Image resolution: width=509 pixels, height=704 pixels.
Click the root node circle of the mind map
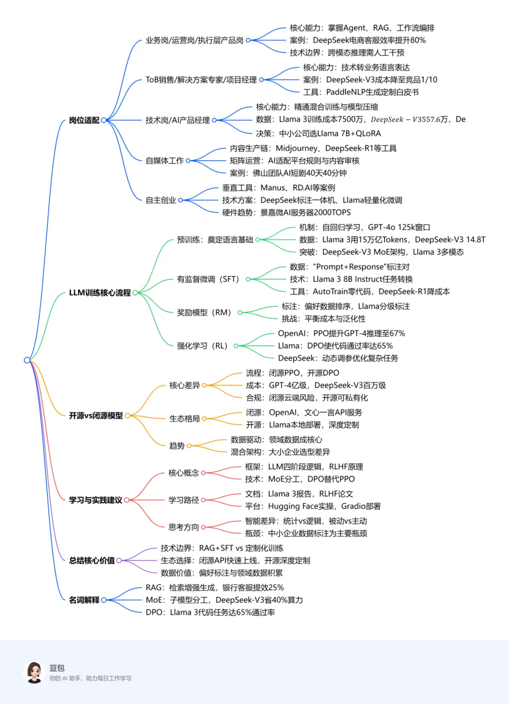(x=27, y=360)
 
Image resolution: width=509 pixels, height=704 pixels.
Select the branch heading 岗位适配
(x=84, y=120)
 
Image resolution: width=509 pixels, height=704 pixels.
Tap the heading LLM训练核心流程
(x=99, y=293)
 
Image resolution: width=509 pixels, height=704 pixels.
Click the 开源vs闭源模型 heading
(x=96, y=416)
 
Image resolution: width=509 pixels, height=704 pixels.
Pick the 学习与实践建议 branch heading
(x=96, y=500)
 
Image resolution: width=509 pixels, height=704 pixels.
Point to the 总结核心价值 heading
(x=92, y=560)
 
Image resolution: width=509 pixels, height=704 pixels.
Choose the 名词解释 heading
(x=84, y=600)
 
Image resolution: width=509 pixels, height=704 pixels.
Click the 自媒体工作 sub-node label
(x=164, y=161)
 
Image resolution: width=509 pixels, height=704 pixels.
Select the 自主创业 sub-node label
(x=161, y=200)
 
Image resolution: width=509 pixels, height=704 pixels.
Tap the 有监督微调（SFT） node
(x=208, y=279)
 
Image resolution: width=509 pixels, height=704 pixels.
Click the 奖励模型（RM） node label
(x=204, y=312)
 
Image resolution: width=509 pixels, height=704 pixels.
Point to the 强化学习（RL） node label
(x=202, y=346)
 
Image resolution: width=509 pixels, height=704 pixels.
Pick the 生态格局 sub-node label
(x=184, y=418)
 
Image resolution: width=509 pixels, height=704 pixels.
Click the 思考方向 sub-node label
(x=184, y=527)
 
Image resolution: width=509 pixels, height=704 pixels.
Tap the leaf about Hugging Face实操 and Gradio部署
(x=312, y=506)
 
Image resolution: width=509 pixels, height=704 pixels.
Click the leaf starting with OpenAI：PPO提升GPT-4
(x=341, y=333)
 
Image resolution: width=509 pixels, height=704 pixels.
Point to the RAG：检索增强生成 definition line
(x=214, y=588)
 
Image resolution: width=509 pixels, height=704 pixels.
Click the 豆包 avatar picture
(x=34, y=672)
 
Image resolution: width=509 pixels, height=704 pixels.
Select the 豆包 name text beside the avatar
(x=57, y=668)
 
